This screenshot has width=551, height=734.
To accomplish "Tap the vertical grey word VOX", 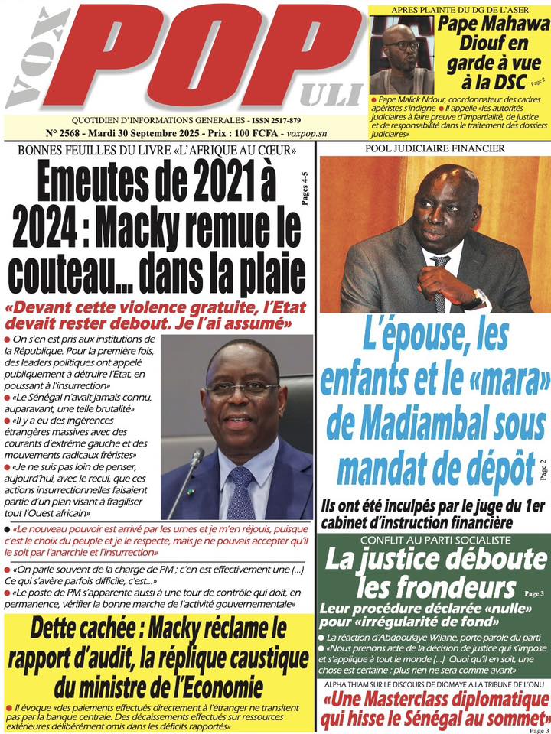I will click(28, 61).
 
